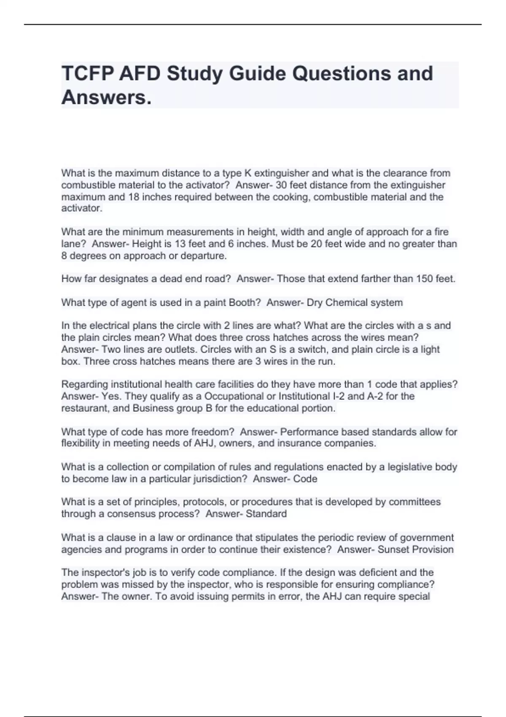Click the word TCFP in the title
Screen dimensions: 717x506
coord(86,73)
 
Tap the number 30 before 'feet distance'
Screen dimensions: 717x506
coord(281,185)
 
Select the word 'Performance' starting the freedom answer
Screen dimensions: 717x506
coord(309,432)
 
